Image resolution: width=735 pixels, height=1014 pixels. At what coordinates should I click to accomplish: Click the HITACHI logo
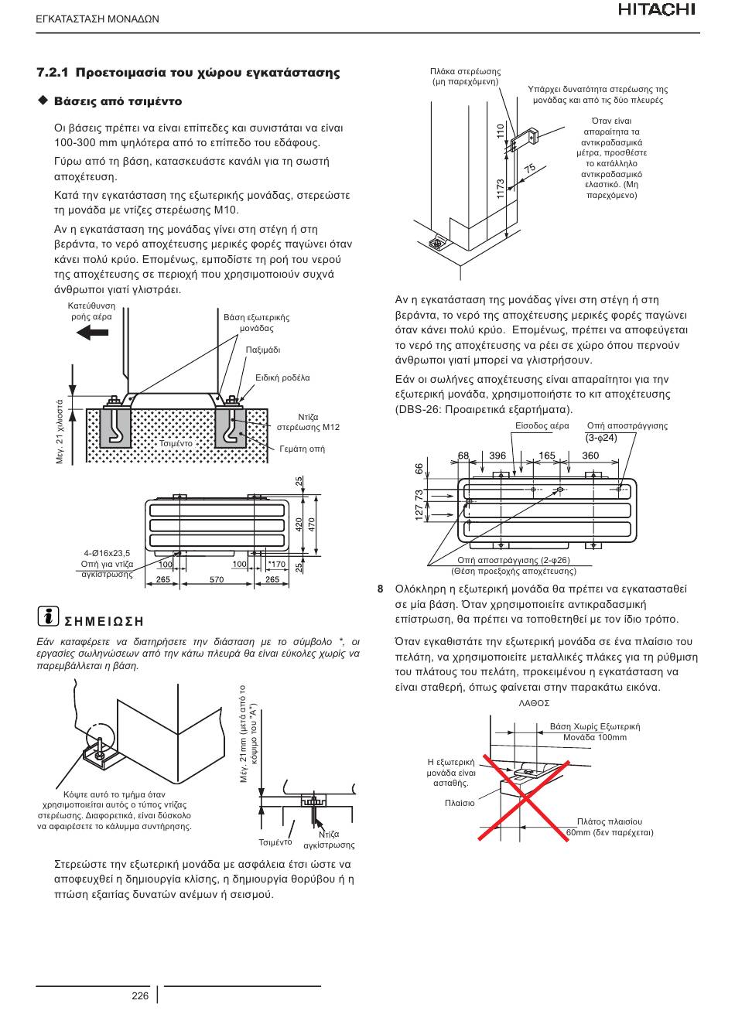point(657,10)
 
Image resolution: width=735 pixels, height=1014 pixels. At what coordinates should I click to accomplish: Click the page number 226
point(140,995)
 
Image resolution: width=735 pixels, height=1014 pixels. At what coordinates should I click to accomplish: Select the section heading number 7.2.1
point(53,73)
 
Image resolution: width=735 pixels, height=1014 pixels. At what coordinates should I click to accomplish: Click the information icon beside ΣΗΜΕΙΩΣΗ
point(48,616)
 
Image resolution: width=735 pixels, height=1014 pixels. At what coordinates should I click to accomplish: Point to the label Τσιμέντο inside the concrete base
point(176,443)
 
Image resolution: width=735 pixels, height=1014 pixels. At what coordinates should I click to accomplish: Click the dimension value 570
point(217,580)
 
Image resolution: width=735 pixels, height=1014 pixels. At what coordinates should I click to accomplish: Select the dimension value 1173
point(501,189)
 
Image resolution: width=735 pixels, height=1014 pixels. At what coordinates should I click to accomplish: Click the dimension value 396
point(497,456)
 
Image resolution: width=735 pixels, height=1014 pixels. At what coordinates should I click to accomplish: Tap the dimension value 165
point(547,456)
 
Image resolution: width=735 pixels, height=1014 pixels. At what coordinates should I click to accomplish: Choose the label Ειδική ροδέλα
point(282,377)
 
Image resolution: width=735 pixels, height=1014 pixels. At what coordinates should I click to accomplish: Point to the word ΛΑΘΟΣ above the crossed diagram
point(534,703)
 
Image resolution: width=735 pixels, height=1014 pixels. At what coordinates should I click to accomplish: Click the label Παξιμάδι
point(263,350)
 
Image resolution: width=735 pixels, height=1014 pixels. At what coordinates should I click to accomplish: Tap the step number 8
point(381,589)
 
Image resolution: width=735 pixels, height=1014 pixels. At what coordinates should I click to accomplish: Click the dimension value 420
point(299,525)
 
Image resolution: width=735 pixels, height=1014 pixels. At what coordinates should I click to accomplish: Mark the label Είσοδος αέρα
point(542,426)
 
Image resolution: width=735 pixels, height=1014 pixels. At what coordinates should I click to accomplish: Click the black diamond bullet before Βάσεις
point(43,101)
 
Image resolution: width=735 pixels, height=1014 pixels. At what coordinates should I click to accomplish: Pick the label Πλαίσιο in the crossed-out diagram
point(460,803)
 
